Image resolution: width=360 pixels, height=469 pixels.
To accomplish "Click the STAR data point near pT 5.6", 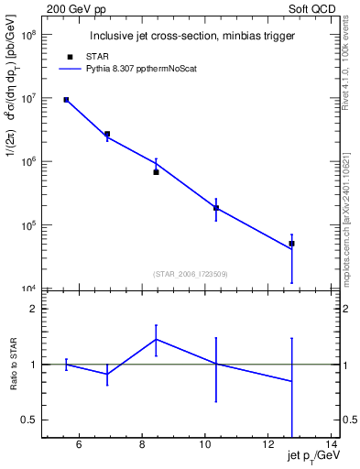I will point(66,100).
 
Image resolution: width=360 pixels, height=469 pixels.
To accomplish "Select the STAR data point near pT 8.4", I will point(156,172).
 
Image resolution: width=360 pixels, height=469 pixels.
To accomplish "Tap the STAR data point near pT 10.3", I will point(216,208).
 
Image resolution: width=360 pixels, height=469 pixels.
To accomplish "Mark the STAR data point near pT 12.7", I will point(291,244).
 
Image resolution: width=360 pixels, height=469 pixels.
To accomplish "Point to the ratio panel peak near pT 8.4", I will point(156,339).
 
